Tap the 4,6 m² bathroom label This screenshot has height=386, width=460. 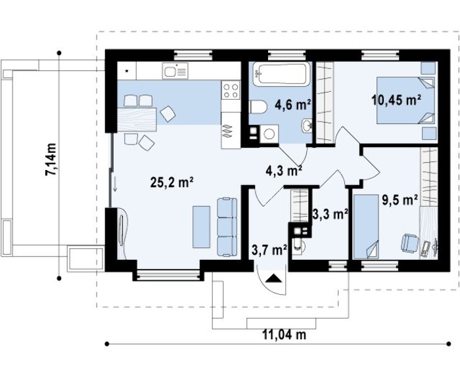tap(292, 104)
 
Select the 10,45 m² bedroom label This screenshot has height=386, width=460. tap(396, 100)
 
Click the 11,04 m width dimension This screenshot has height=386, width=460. tap(284, 335)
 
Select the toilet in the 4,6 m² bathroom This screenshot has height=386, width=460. tap(258, 106)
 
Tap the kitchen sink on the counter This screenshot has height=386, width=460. tap(175, 71)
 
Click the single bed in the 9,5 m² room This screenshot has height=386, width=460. tap(366, 226)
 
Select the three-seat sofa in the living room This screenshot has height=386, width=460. tap(227, 227)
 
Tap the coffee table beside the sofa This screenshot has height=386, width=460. tap(200, 226)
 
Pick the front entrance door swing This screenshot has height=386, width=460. tap(271, 280)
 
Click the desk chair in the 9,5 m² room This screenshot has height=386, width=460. tap(409, 243)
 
